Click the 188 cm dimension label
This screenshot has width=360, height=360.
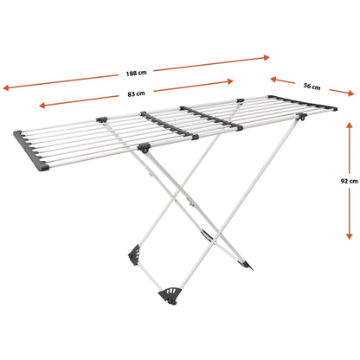click(136, 73)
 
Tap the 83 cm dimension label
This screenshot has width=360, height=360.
click(136, 93)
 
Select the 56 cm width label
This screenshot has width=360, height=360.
click(312, 86)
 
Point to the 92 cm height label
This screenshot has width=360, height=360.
click(349, 181)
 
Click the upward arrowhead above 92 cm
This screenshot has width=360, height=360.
click(349, 125)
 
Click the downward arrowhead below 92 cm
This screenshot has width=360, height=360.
click(350, 235)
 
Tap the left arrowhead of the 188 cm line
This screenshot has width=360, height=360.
click(6, 87)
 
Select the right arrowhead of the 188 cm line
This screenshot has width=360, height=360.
click(266, 57)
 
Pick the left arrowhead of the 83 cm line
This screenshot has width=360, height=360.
click(42, 106)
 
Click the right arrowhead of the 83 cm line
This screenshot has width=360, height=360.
click(230, 81)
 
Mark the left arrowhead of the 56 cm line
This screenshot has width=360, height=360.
click(273, 79)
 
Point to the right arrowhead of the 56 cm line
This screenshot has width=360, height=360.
click(350, 93)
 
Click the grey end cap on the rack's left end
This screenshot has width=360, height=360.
click(30, 151)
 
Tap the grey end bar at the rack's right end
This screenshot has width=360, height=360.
click(302, 103)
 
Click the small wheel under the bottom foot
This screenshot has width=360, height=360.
click(172, 302)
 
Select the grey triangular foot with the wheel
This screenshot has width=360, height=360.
click(170, 294)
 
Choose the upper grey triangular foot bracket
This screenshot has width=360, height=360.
click(134, 254)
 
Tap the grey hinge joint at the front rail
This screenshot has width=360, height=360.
click(144, 147)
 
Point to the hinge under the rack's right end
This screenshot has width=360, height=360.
click(302, 117)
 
